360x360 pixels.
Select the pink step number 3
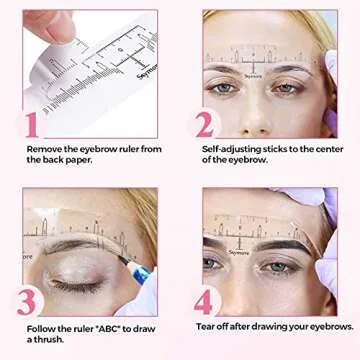pos(29,299)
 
